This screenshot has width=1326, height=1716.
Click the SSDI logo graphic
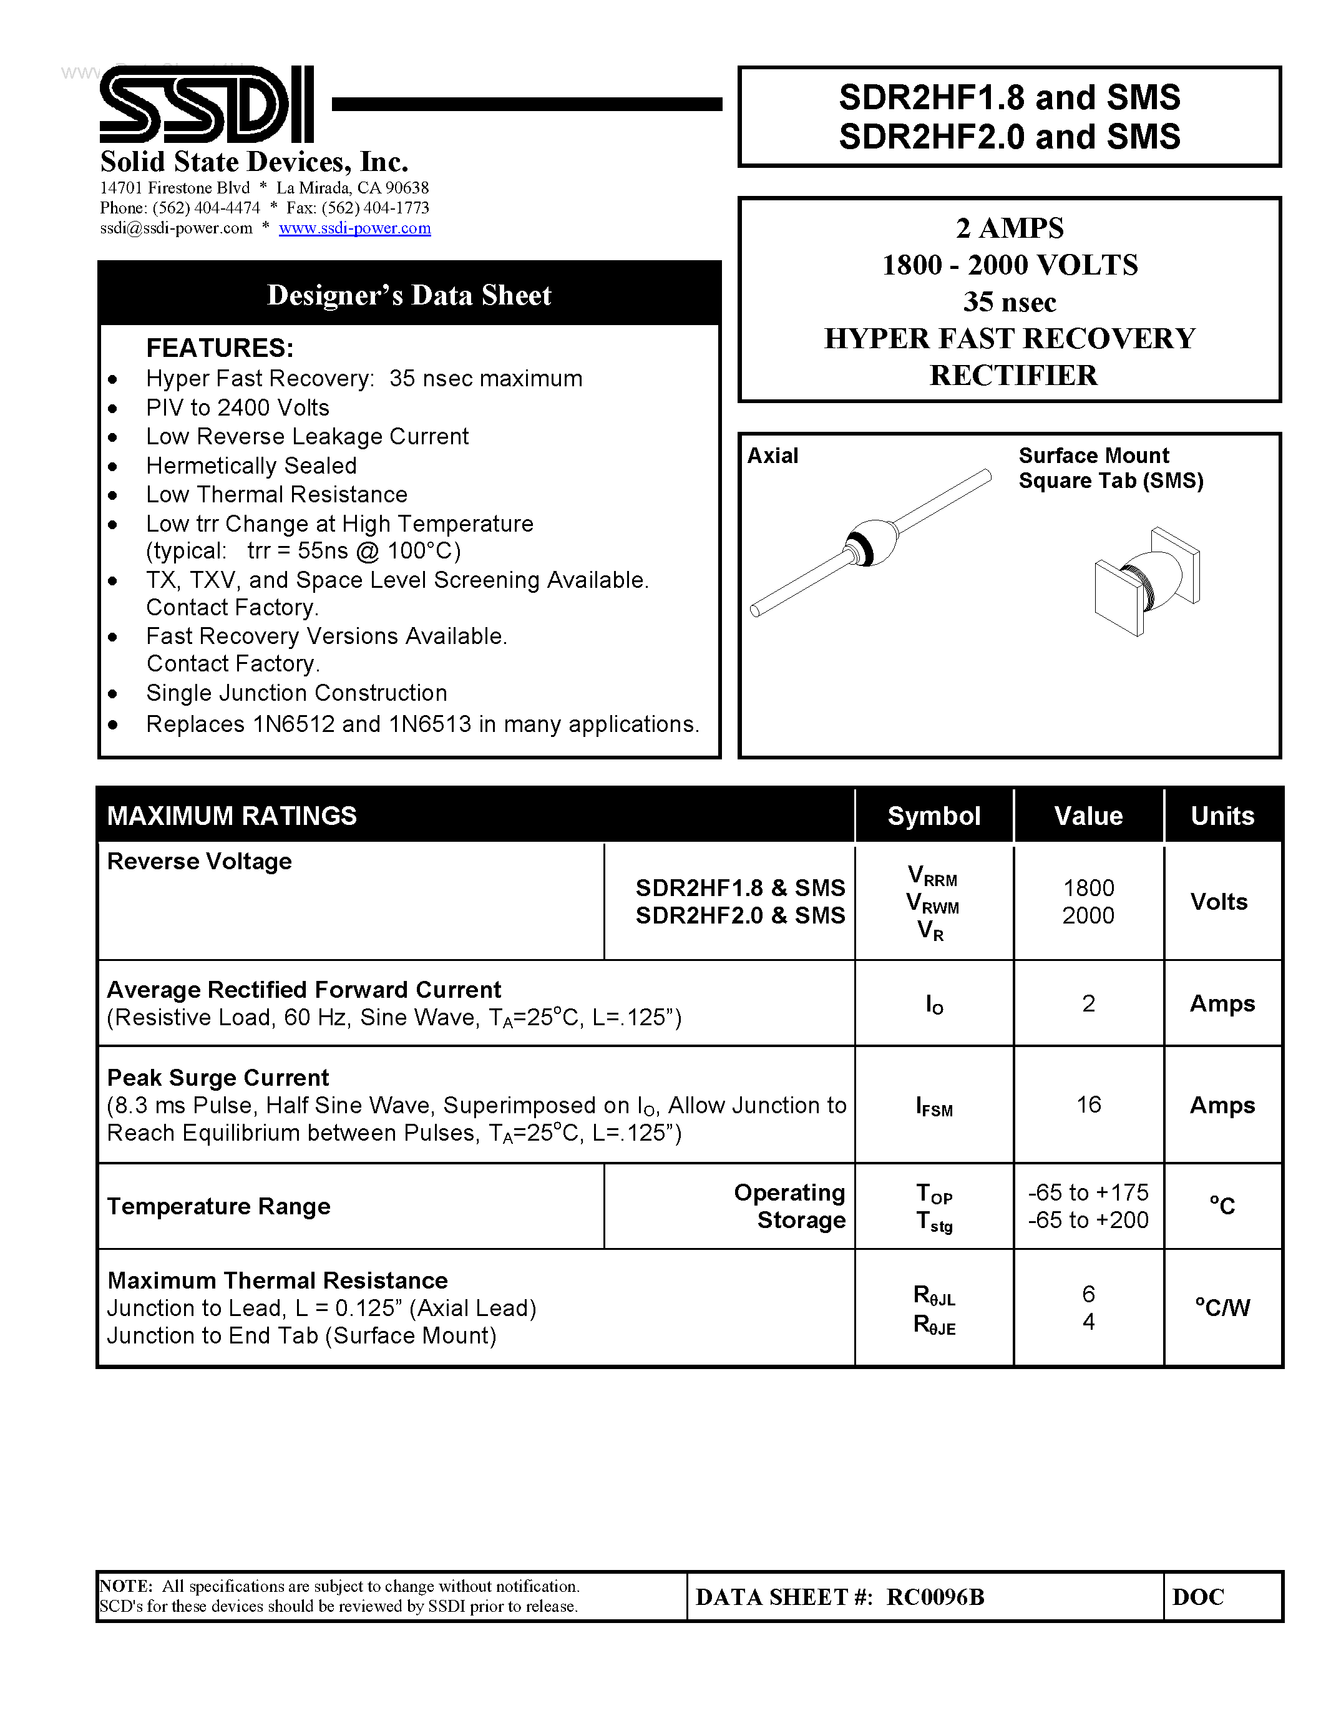(x=206, y=104)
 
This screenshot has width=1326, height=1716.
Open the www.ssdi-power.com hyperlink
(x=354, y=228)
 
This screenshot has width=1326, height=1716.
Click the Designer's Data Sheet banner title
(x=409, y=295)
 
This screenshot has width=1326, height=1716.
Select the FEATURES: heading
(x=220, y=348)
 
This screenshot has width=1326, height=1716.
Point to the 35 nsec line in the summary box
(x=1010, y=302)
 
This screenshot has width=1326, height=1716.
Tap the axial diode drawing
(x=870, y=542)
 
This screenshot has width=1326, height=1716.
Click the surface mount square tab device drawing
(x=1146, y=582)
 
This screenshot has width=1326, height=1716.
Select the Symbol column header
(x=934, y=816)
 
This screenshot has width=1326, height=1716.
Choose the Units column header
(x=1222, y=816)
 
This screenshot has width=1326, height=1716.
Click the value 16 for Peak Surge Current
(x=1088, y=1104)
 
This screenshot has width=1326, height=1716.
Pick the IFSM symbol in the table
(x=934, y=1107)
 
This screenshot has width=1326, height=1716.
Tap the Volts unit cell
(x=1219, y=902)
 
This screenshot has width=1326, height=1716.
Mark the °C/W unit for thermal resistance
(x=1222, y=1307)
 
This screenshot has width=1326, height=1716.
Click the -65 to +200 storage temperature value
(x=1088, y=1220)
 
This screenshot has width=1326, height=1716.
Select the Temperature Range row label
(x=218, y=1206)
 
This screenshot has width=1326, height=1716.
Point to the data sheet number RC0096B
(x=935, y=1597)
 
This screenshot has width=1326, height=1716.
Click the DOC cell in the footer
(x=1198, y=1597)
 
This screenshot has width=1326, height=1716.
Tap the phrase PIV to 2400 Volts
(x=237, y=408)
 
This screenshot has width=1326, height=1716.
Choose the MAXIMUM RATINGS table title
(x=232, y=816)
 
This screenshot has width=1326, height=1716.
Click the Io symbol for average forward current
(x=934, y=1005)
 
